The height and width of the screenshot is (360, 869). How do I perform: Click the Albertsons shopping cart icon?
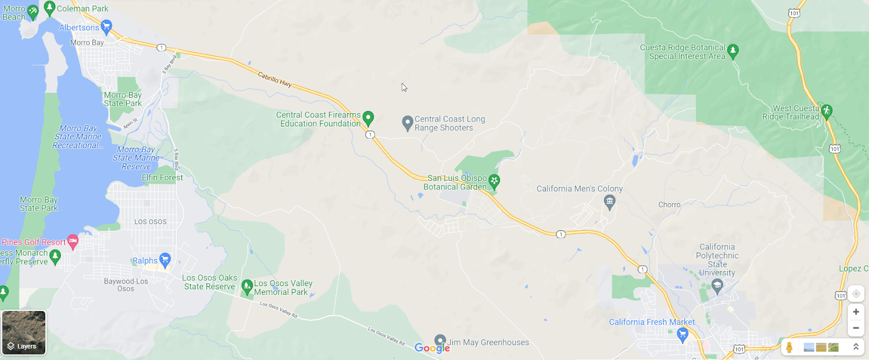106,26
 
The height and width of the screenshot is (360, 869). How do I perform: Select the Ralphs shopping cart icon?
165,260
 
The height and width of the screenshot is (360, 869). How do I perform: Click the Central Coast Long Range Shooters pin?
407,123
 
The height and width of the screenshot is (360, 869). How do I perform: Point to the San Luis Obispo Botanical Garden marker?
494,181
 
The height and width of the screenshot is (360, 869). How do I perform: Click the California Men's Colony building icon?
609,203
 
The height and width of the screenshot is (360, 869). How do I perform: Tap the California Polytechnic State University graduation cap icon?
717,286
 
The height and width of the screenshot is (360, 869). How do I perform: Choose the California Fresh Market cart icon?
683,334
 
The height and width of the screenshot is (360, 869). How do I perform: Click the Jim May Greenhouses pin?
440,341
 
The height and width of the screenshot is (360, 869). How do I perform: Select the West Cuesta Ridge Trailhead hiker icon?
827,111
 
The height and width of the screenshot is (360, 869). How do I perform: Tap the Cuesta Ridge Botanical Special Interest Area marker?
733,51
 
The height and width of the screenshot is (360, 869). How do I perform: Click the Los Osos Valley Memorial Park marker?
247,286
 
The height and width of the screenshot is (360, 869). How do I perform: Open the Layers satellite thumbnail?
24,332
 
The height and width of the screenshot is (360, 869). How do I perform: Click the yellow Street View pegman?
789,347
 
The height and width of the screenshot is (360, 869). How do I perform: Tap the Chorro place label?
669,205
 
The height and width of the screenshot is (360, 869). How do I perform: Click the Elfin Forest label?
162,178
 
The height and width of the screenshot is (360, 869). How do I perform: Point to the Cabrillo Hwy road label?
274,80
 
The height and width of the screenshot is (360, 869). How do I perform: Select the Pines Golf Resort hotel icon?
73,242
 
